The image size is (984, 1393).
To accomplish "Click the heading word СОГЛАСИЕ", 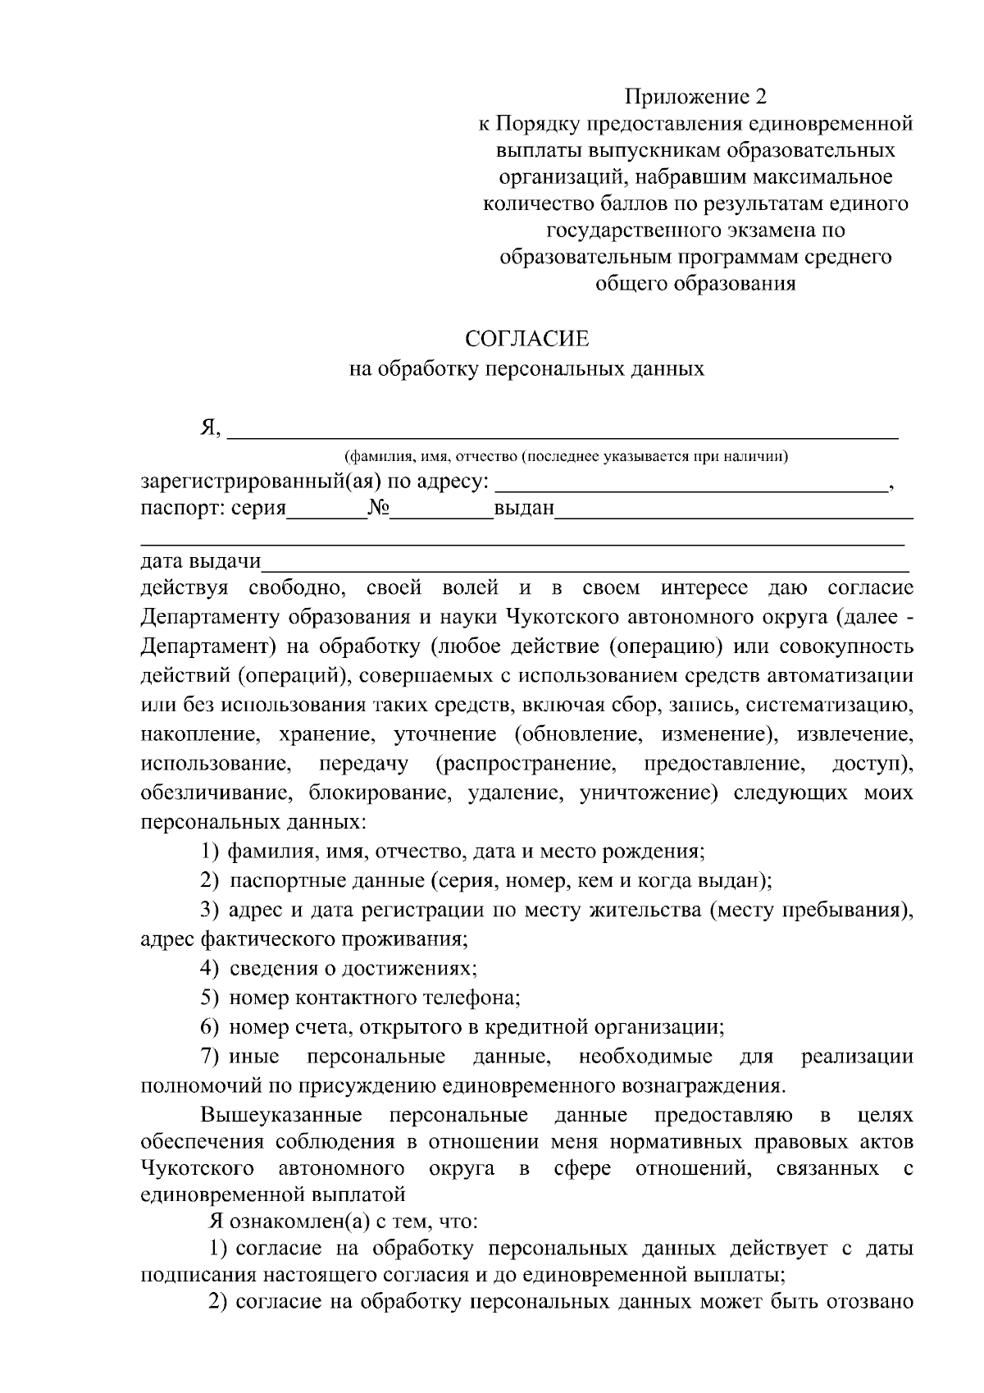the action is point(526,339).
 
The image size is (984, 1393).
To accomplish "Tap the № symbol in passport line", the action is point(378,509).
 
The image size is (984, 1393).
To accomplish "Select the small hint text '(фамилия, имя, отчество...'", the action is point(566,456).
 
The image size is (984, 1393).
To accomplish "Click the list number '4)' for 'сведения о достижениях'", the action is point(209,968).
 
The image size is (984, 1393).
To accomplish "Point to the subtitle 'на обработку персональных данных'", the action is point(526,368).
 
